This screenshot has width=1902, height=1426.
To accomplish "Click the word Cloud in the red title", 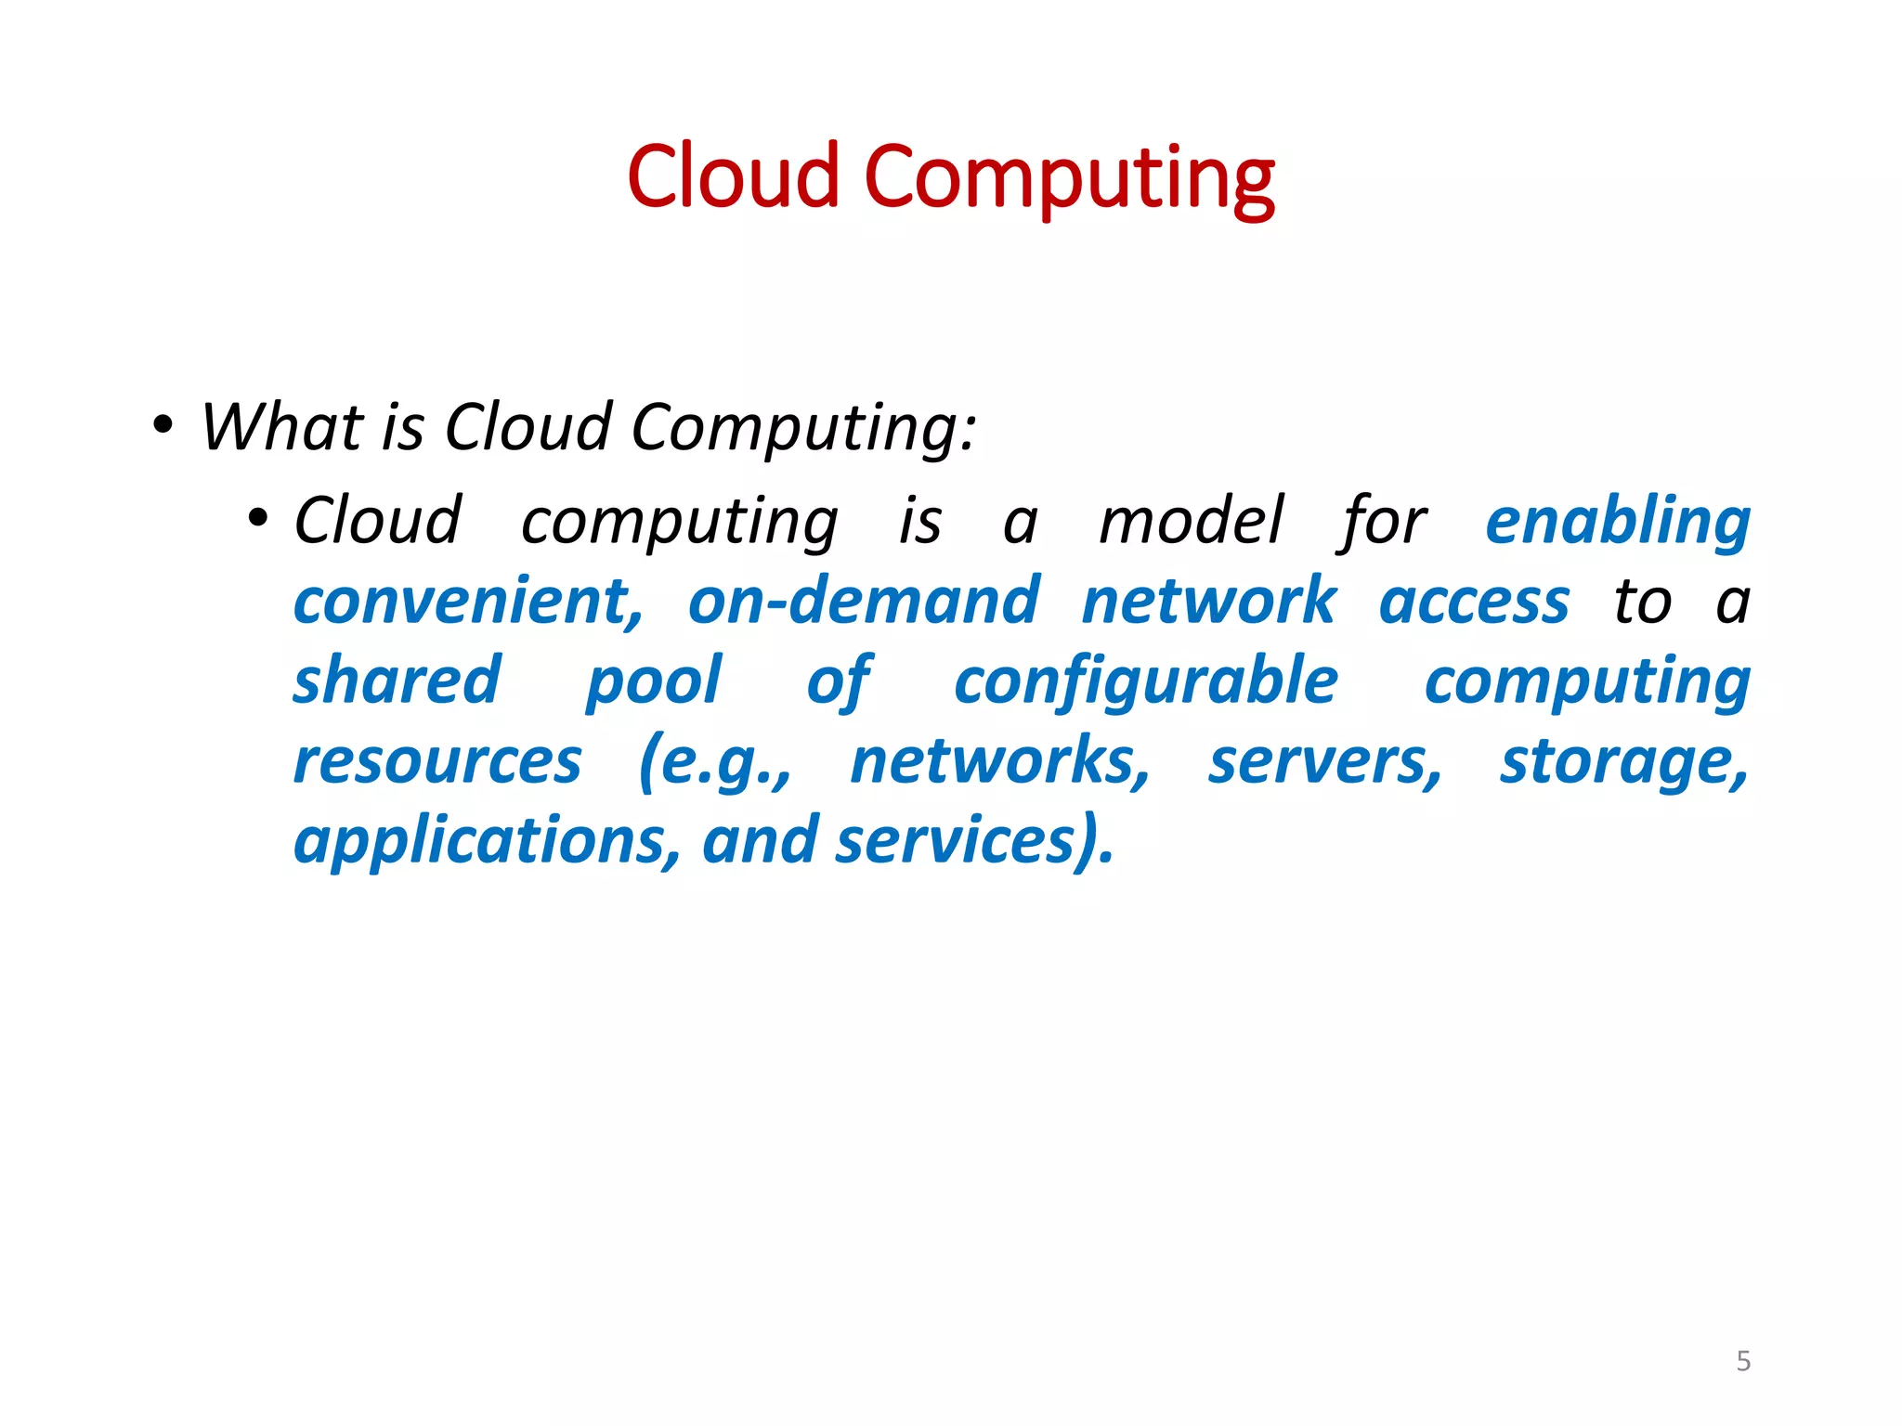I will click(x=733, y=176).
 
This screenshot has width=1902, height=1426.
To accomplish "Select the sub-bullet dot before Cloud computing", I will click(x=258, y=518).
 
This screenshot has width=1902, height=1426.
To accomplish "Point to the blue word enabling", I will click(x=1617, y=522).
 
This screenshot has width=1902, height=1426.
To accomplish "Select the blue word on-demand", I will click(x=863, y=601).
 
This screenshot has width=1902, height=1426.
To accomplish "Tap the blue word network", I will click(x=1208, y=601).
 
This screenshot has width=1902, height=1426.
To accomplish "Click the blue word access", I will click(x=1474, y=603).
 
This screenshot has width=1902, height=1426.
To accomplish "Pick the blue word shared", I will click(x=397, y=681).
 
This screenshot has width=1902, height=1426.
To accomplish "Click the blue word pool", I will click(x=653, y=682).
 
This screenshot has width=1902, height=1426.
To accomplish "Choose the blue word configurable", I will click(x=1146, y=682).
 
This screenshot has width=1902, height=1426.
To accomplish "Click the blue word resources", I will click(x=437, y=761).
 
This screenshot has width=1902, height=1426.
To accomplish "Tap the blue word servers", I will click(x=1324, y=761).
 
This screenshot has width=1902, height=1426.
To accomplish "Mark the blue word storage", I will click(x=1623, y=763).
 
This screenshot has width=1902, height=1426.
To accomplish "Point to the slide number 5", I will click(x=1743, y=1361).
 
